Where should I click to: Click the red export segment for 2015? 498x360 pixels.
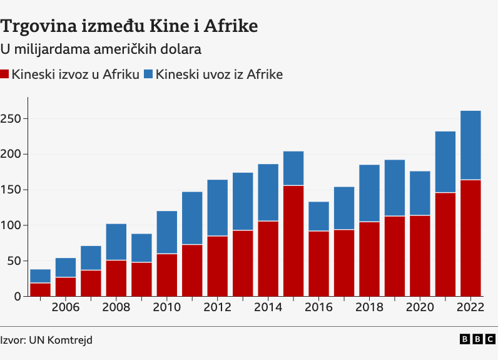293,240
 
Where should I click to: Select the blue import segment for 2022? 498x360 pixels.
470,145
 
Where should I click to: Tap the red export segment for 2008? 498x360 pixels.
116,278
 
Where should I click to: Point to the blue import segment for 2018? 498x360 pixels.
369,193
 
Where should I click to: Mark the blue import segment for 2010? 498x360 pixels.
166,232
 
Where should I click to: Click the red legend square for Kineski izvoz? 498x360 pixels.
5,75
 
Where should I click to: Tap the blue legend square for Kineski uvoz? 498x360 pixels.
149,75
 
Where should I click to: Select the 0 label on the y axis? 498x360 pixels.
18,296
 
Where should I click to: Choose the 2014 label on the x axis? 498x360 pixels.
268,307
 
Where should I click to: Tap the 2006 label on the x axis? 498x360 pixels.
65,307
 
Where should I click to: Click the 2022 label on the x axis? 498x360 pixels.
470,307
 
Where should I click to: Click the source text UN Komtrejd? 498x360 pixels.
65,339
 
